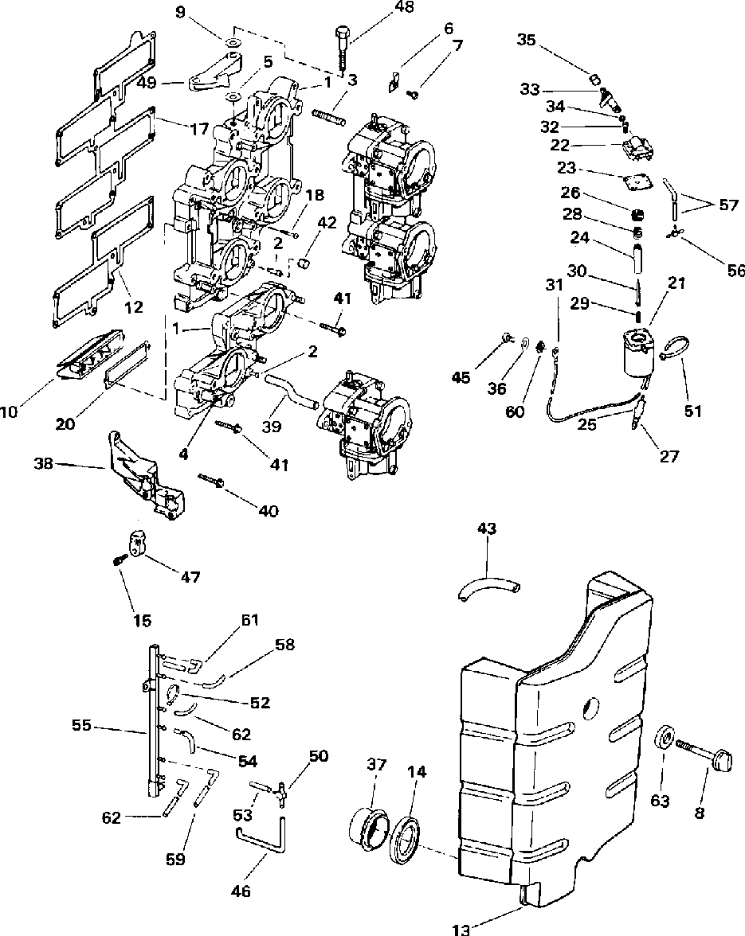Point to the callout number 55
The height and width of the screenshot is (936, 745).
(82, 727)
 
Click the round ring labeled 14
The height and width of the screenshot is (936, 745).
(406, 843)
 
